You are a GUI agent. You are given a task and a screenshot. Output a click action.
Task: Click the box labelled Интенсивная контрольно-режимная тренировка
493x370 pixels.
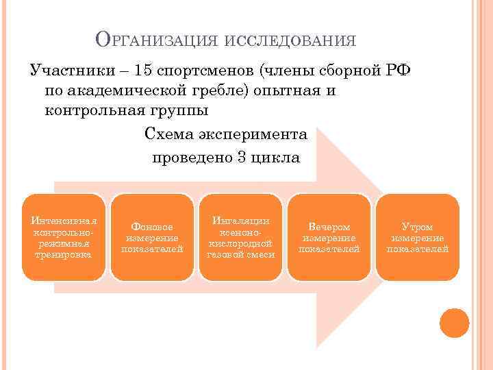tap(64, 237)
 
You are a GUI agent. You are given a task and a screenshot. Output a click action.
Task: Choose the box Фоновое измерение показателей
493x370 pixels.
tap(152, 237)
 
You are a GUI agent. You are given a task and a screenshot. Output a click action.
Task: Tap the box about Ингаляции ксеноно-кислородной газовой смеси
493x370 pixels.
tap(240, 237)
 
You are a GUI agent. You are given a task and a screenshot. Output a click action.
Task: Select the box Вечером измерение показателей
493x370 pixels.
tap(329, 237)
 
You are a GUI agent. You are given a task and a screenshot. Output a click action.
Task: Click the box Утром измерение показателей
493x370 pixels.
tap(417, 237)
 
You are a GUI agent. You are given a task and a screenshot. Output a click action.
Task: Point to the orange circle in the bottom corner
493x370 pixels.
tap(454, 323)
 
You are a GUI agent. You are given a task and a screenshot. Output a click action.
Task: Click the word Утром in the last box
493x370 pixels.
tap(417, 227)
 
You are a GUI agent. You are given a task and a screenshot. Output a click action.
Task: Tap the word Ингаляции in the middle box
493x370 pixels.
tap(240, 221)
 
